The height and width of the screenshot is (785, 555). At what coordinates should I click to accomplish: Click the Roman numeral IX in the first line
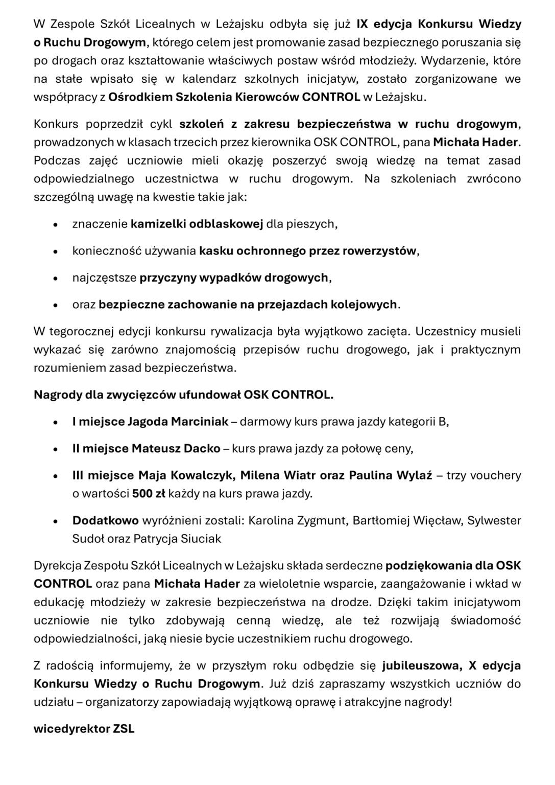(363, 24)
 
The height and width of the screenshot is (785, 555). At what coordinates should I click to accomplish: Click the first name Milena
(259, 475)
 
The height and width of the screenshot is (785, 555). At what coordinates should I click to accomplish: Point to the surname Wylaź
(415, 475)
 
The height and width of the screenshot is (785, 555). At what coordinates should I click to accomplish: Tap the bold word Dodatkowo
(105, 521)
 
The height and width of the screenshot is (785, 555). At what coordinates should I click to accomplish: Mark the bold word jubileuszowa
(416, 666)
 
